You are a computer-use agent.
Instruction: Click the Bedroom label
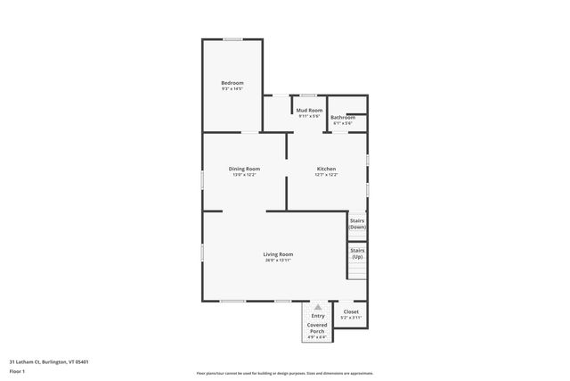click(x=232, y=83)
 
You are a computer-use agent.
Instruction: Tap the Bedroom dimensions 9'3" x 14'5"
click(x=232, y=89)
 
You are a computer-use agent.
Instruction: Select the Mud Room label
click(x=308, y=111)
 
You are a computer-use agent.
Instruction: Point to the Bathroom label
click(x=343, y=117)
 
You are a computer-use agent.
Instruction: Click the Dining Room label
click(x=244, y=169)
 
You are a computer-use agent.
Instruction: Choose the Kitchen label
click(x=326, y=169)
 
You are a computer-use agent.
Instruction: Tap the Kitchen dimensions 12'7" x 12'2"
click(x=326, y=175)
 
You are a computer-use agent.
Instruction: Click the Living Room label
click(x=279, y=254)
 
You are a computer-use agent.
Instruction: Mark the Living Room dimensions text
click(x=279, y=261)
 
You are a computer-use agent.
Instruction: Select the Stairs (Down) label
click(x=357, y=224)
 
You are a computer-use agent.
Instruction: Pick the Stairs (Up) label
click(x=357, y=254)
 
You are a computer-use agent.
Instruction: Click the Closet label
click(x=351, y=312)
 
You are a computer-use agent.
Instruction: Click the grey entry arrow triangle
click(x=318, y=306)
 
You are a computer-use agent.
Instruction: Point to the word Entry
click(x=318, y=316)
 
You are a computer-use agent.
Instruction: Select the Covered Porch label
click(x=318, y=327)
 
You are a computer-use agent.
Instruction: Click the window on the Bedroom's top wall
click(x=232, y=39)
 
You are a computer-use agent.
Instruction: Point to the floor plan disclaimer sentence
click(x=284, y=373)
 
